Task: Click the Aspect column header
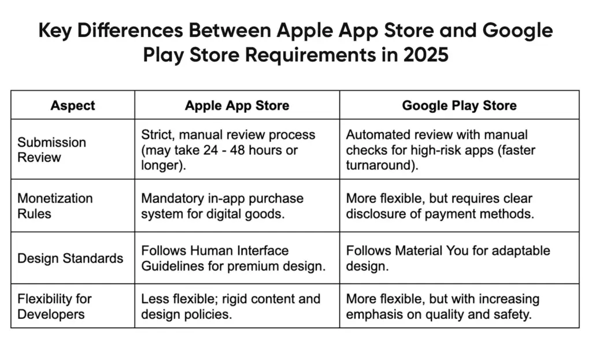click(x=73, y=105)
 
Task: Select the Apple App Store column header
click(x=237, y=105)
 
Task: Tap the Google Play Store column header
click(x=459, y=105)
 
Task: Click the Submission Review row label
click(x=51, y=150)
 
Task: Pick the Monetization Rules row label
click(x=55, y=206)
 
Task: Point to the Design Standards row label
click(x=71, y=258)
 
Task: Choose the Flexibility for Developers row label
click(x=54, y=307)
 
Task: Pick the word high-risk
click(x=434, y=150)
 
